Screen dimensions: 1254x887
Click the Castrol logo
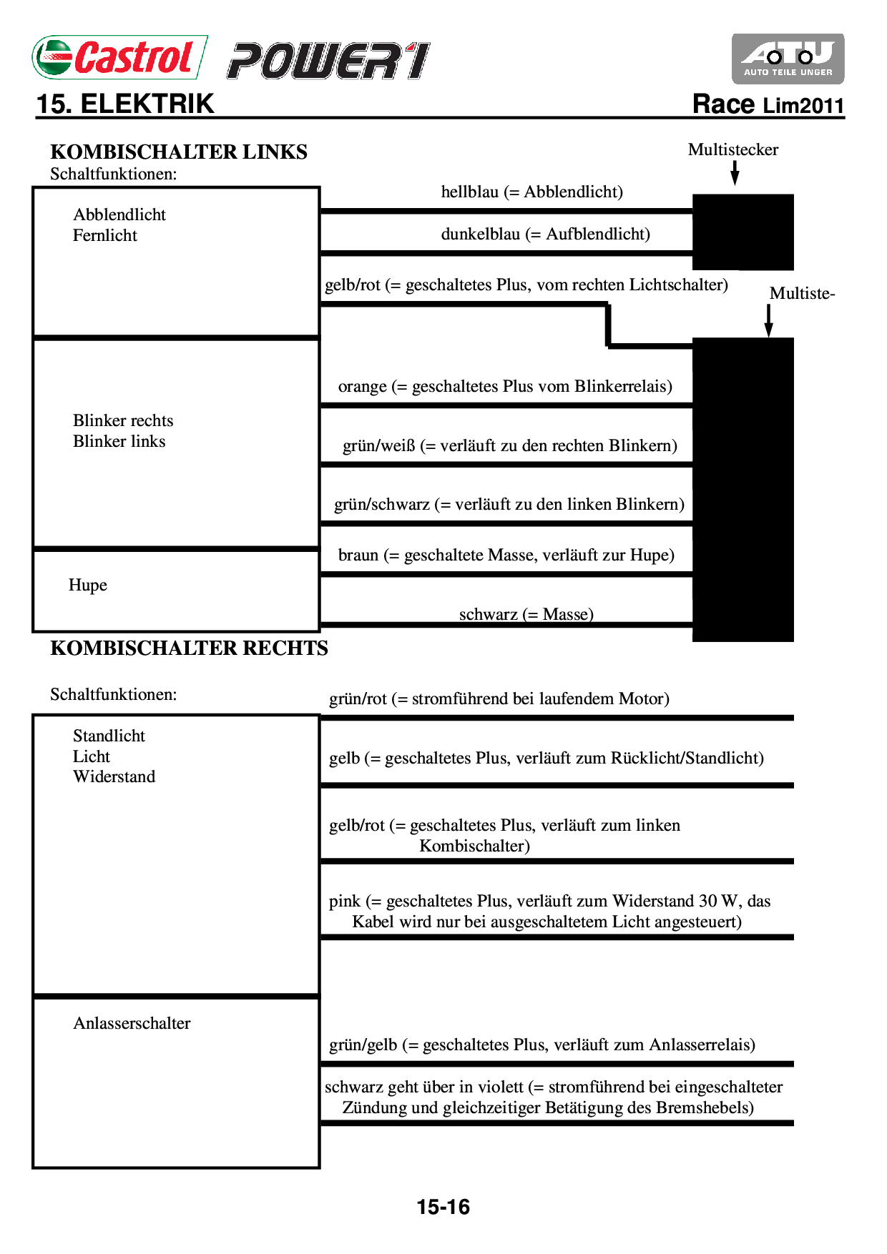pyautogui.click(x=119, y=57)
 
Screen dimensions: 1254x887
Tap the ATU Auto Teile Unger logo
pyautogui.click(x=788, y=59)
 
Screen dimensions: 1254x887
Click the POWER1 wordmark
pyautogui.click(x=328, y=61)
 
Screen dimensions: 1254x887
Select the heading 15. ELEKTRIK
pyautogui.click(x=125, y=104)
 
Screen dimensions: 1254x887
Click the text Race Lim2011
pyautogui.click(x=768, y=105)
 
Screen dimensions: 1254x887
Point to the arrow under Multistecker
pyautogui.click(x=734, y=173)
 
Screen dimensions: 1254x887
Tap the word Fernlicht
pyautogui.click(x=105, y=236)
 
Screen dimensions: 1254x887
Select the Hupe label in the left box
pyautogui.click(x=88, y=586)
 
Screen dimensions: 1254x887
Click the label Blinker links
pyautogui.click(x=119, y=442)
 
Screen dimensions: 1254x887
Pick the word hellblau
pyautogui.click(x=469, y=192)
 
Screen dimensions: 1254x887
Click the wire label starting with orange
pyautogui.click(x=505, y=387)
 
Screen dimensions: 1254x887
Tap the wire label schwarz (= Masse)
pyautogui.click(x=526, y=614)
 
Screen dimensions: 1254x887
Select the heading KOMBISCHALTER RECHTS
pyautogui.click(x=189, y=648)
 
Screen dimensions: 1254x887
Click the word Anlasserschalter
pyautogui.click(x=132, y=1024)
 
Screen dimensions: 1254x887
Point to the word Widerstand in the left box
pyautogui.click(x=114, y=777)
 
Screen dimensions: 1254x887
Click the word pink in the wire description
pyautogui.click(x=344, y=902)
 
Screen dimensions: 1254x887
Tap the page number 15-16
pyautogui.click(x=443, y=1208)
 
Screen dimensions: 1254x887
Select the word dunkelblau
pyautogui.click(x=480, y=234)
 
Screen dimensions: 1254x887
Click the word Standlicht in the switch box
pyautogui.click(x=109, y=736)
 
